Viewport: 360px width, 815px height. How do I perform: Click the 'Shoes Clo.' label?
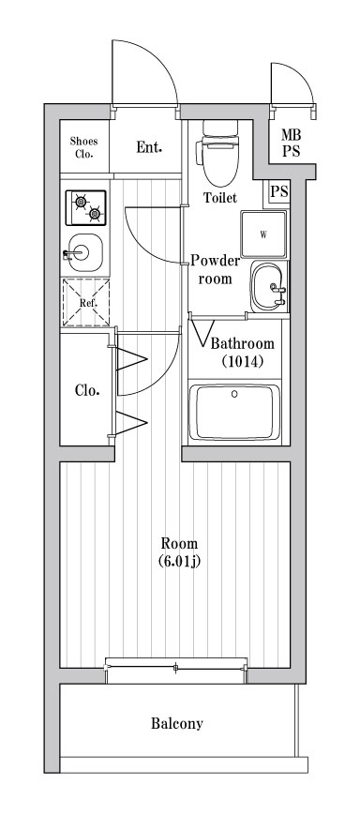(84, 147)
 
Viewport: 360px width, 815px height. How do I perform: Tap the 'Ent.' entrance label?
(148, 147)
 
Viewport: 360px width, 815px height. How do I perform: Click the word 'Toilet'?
(220, 198)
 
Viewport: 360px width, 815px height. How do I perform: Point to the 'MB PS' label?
(291, 143)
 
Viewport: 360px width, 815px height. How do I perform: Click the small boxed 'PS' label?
(278, 192)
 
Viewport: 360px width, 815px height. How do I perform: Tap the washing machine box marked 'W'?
(263, 234)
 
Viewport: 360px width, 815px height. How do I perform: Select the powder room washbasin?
(269, 285)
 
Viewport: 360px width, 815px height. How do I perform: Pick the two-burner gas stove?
(85, 207)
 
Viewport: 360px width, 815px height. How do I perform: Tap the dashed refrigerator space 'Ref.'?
(85, 303)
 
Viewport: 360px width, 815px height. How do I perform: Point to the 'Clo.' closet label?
(87, 389)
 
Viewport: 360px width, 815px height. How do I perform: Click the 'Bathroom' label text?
(242, 343)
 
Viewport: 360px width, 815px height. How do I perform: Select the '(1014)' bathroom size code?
(242, 361)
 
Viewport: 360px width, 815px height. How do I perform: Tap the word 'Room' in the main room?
(179, 544)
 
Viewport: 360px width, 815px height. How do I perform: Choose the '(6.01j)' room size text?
(180, 563)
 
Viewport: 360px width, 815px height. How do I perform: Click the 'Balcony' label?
(177, 724)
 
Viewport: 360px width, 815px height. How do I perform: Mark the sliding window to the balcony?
(177, 668)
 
